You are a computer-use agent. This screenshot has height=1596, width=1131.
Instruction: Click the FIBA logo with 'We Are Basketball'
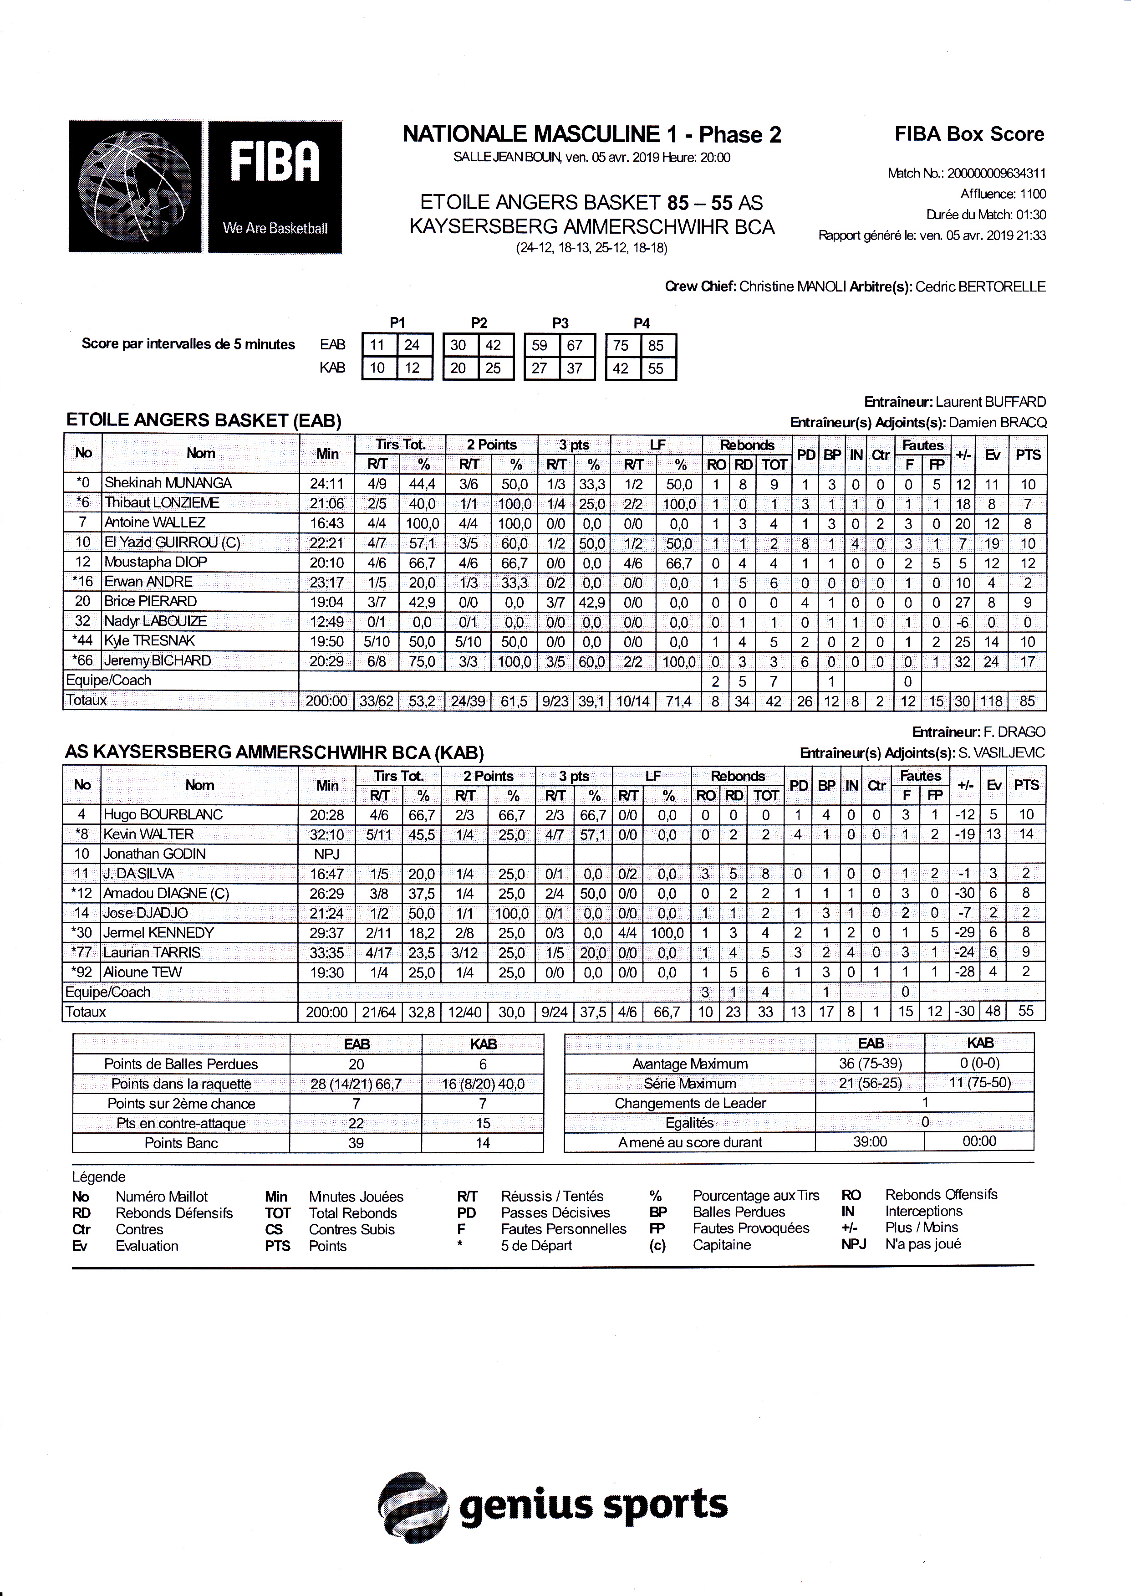[205, 187]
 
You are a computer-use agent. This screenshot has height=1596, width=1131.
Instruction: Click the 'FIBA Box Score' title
[969, 134]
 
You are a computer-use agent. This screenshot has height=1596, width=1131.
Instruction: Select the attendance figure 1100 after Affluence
[1033, 194]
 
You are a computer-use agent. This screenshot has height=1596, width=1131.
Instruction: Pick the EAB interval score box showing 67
[575, 346]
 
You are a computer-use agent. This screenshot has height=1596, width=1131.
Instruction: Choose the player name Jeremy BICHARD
[158, 661]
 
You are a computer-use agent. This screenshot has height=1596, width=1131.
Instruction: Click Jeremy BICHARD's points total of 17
[1028, 661]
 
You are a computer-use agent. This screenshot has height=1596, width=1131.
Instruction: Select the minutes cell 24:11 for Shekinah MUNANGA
[326, 483]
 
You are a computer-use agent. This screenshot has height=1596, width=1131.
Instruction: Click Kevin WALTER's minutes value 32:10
[326, 834]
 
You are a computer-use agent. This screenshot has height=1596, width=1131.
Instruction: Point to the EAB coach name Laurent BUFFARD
[990, 402]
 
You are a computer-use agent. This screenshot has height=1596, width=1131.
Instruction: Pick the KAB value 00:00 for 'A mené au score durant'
[979, 1141]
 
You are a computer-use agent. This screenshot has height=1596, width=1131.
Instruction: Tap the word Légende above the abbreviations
[99, 1177]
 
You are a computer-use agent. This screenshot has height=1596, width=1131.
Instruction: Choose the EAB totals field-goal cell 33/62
[376, 701]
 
